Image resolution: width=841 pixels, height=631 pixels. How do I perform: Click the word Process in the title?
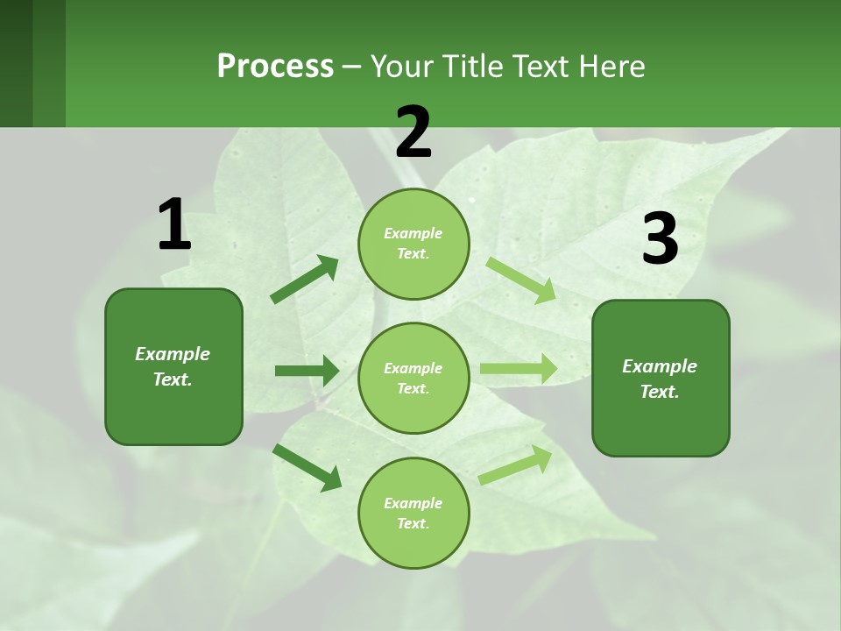[x=275, y=67]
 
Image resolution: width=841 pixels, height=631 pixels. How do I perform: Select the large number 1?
[x=174, y=224]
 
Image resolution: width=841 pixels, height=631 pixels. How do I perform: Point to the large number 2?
[x=413, y=132]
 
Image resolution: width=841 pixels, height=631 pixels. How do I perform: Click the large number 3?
[x=660, y=239]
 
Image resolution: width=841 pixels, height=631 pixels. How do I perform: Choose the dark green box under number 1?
[x=173, y=366]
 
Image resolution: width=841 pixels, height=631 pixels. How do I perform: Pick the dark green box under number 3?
[x=661, y=379]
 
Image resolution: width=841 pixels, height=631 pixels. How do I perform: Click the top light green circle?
[x=413, y=244]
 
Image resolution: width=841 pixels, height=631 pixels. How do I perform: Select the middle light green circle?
[x=413, y=379]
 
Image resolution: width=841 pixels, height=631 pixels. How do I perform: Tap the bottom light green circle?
[x=413, y=514]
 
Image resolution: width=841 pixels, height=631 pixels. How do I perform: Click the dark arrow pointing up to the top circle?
[x=305, y=280]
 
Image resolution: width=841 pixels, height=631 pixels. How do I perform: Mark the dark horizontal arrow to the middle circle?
[x=307, y=371]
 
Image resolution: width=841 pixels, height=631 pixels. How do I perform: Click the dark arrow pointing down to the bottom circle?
[x=307, y=467]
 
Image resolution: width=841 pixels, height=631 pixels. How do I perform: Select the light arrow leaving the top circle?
[x=521, y=280]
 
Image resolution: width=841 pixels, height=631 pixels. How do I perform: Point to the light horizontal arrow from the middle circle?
[x=519, y=368]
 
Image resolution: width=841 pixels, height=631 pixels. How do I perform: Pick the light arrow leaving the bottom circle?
[x=516, y=464]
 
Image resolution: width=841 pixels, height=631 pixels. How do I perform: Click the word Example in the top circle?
[x=413, y=233]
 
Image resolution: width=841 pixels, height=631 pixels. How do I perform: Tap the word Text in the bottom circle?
[x=412, y=524]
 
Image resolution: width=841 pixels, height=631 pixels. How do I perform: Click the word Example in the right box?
[x=660, y=366]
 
